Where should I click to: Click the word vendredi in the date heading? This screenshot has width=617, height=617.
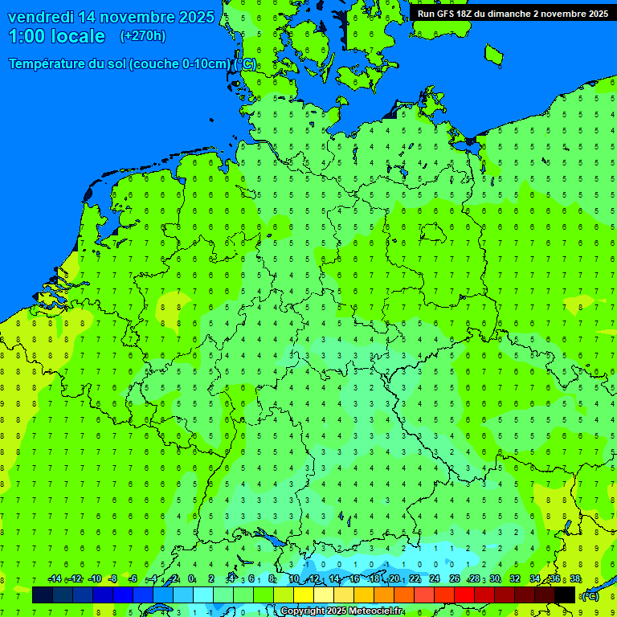pos(41,17)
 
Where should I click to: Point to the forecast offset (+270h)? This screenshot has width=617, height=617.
pos(142,36)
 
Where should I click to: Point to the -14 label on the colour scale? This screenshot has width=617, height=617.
pos(55,579)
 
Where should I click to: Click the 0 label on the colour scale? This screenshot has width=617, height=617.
pos(191,579)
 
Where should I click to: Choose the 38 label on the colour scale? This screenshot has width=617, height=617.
pos(575,579)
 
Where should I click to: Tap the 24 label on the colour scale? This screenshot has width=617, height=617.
pos(435,579)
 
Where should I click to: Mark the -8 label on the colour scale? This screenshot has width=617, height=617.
pos(112,579)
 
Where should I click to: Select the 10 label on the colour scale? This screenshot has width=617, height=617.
pos(294,579)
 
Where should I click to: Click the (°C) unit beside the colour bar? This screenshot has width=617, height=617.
pos(590,596)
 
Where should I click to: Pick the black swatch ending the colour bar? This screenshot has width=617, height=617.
pos(565,595)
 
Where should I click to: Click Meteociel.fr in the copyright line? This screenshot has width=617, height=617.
pos(376,611)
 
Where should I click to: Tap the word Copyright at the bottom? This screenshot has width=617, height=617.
pos(304,611)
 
